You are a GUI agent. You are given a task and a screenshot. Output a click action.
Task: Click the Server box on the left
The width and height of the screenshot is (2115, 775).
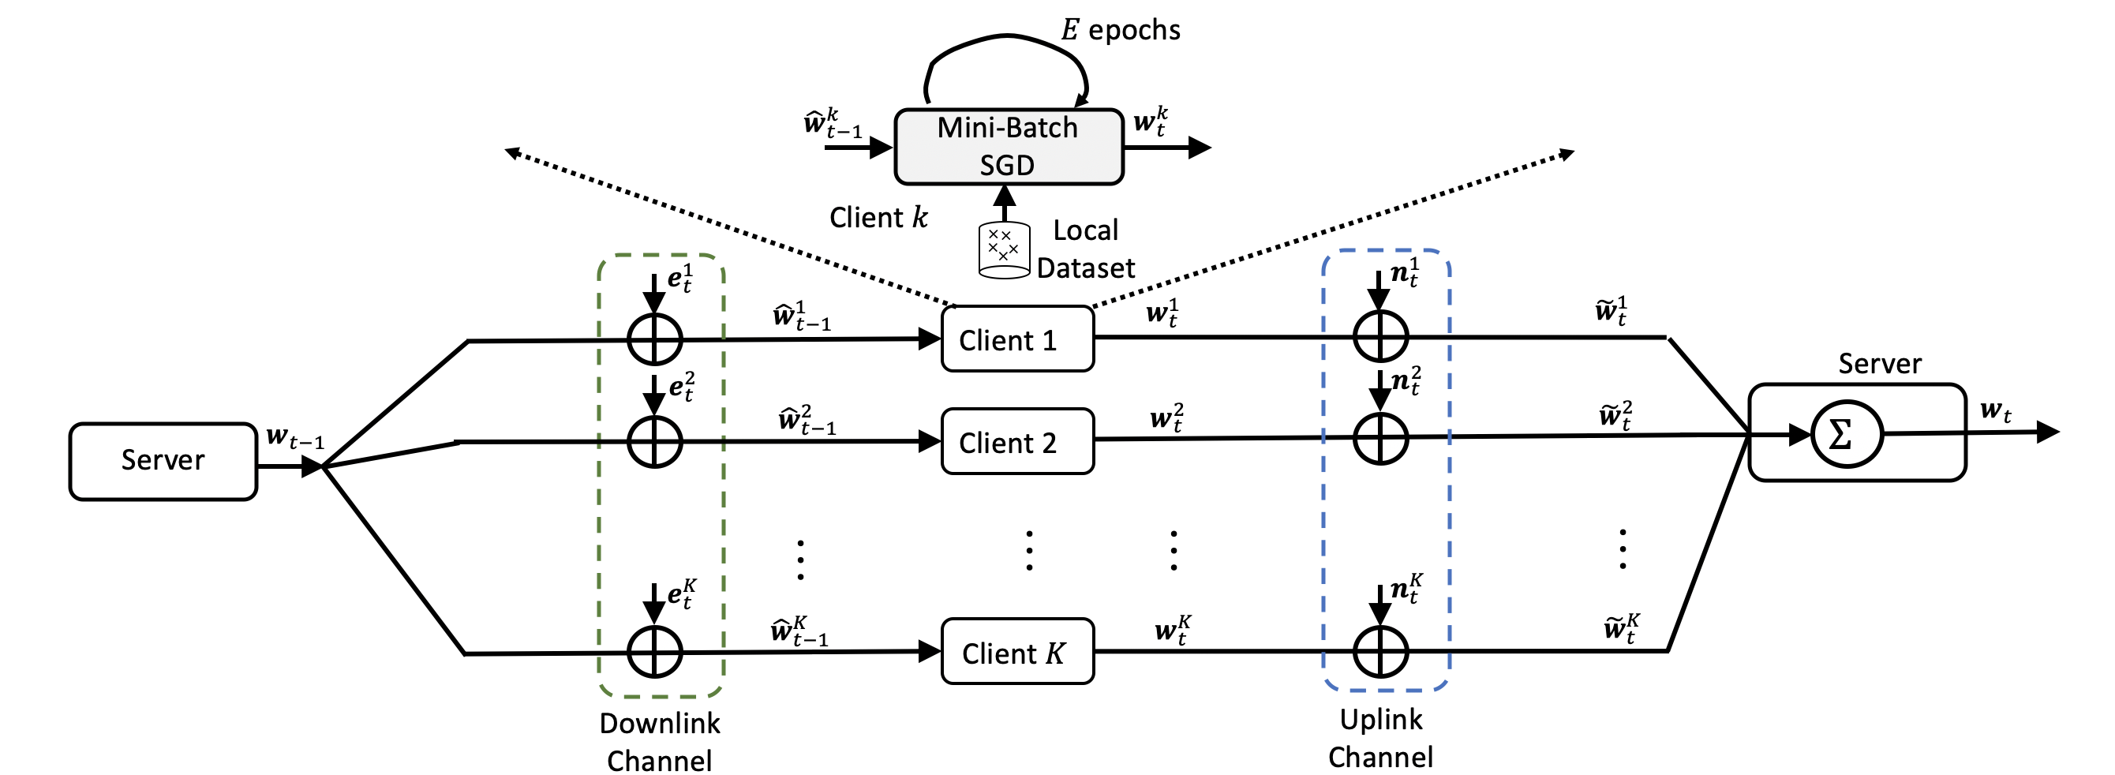click(x=163, y=461)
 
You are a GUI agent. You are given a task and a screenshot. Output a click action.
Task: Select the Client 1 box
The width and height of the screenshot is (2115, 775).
click(x=1016, y=339)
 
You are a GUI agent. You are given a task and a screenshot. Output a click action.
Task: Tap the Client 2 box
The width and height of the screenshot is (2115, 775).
click(x=1016, y=442)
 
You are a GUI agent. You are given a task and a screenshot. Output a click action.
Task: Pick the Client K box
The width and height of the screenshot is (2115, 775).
click(x=1016, y=652)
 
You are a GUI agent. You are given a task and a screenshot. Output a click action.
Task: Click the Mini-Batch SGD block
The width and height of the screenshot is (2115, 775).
click(x=1009, y=146)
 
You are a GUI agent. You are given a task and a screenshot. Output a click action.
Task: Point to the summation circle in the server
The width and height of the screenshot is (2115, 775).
click(x=1846, y=433)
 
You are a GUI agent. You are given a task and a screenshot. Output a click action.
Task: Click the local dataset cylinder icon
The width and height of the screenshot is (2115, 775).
click(x=1003, y=249)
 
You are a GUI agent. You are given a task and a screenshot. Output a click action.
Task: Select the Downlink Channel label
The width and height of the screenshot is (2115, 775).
click(x=659, y=741)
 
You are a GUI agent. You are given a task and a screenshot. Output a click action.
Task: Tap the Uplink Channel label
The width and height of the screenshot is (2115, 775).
click(x=1380, y=737)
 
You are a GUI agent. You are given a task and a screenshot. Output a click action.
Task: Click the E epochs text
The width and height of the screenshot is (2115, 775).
click(x=1121, y=29)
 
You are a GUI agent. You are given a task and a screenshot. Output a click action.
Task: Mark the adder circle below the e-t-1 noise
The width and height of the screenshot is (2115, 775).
click(x=654, y=339)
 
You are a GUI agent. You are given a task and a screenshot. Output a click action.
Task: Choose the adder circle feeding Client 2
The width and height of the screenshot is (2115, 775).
click(x=654, y=442)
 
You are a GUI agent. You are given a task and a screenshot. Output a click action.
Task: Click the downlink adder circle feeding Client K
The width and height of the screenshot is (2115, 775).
click(x=654, y=652)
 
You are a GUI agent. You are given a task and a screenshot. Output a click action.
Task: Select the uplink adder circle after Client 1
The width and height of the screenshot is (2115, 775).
click(x=1380, y=337)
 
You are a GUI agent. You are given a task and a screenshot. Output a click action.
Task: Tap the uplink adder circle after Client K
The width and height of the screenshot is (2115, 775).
click(x=1380, y=651)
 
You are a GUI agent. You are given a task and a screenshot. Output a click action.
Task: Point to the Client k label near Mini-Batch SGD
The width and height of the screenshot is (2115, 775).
click(x=878, y=218)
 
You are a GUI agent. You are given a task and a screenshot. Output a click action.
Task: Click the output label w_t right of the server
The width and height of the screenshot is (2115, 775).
click(x=1995, y=410)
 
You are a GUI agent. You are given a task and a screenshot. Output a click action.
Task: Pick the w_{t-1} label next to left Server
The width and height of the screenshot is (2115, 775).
click(x=294, y=437)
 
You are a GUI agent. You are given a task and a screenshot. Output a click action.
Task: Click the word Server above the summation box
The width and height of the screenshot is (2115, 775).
click(x=1879, y=364)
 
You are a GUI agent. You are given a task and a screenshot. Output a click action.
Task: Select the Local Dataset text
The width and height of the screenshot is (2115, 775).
click(x=1085, y=249)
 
